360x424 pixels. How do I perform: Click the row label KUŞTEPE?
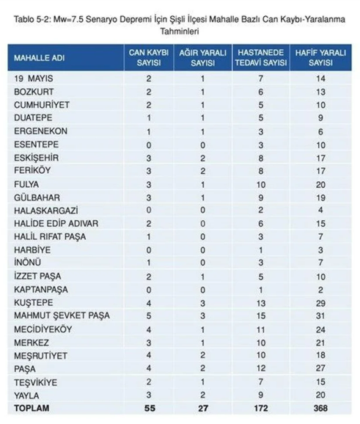[33, 302]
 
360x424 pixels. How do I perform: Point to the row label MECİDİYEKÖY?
[43, 329]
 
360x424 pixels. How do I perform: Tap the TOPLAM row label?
[32, 408]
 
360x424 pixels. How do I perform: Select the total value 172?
[260, 408]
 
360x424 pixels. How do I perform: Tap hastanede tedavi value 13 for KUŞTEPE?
[260, 302]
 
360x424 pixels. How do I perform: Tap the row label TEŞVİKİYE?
[36, 381]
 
